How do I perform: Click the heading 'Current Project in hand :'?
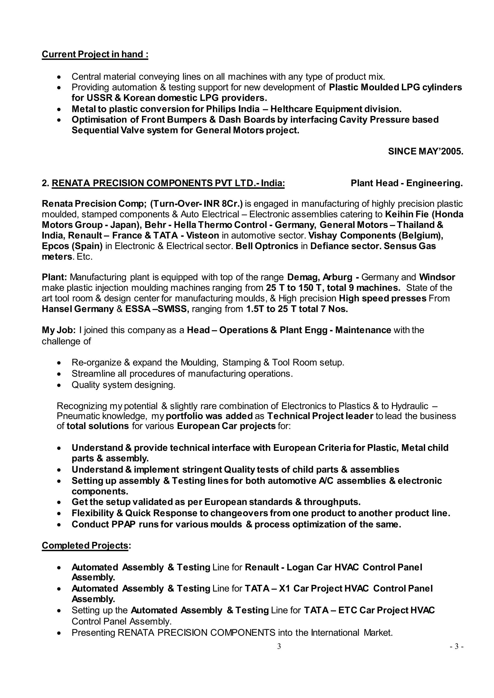pos(95,55)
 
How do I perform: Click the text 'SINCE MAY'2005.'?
pos(425,151)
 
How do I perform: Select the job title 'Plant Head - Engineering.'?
pos(406,183)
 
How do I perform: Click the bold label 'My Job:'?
pos(59,330)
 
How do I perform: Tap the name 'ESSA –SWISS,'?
pos(157,309)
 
